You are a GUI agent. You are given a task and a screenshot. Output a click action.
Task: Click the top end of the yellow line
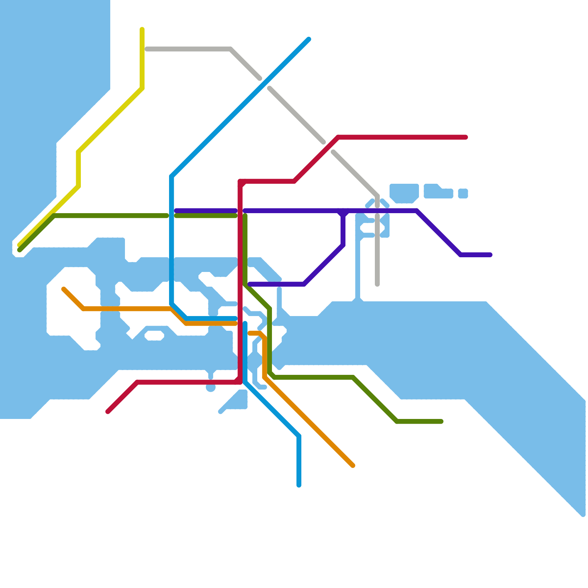tap(142, 29)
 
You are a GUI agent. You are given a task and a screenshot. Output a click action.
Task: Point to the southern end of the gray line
tap(377, 284)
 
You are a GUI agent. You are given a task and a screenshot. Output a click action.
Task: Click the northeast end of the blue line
tap(309, 39)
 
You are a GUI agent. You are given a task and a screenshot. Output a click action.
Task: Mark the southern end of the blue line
tap(299, 485)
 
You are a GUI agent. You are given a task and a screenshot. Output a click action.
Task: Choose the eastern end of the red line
tap(466, 137)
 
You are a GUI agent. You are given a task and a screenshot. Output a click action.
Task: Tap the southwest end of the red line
tap(108, 412)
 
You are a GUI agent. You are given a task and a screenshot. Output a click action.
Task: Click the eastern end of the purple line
tap(490, 255)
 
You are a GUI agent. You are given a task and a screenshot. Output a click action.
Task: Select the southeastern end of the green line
tap(441, 422)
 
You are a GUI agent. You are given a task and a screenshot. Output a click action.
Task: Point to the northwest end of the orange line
tap(64, 289)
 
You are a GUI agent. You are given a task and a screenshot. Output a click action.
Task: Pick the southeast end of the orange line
tap(353, 466)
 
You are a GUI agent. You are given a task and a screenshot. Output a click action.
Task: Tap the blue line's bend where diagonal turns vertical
tap(172, 176)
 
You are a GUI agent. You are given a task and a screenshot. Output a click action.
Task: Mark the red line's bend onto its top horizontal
tap(338, 137)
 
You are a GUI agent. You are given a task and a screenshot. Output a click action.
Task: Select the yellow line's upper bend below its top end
tap(142, 88)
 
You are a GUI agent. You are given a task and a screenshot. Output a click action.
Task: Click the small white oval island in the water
tap(154, 335)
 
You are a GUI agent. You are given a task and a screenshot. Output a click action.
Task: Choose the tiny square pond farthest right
tap(463, 193)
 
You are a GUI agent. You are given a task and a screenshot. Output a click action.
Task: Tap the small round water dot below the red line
tap(211, 388)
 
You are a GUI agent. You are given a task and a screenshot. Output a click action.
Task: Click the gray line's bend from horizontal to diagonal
tap(230, 49)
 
